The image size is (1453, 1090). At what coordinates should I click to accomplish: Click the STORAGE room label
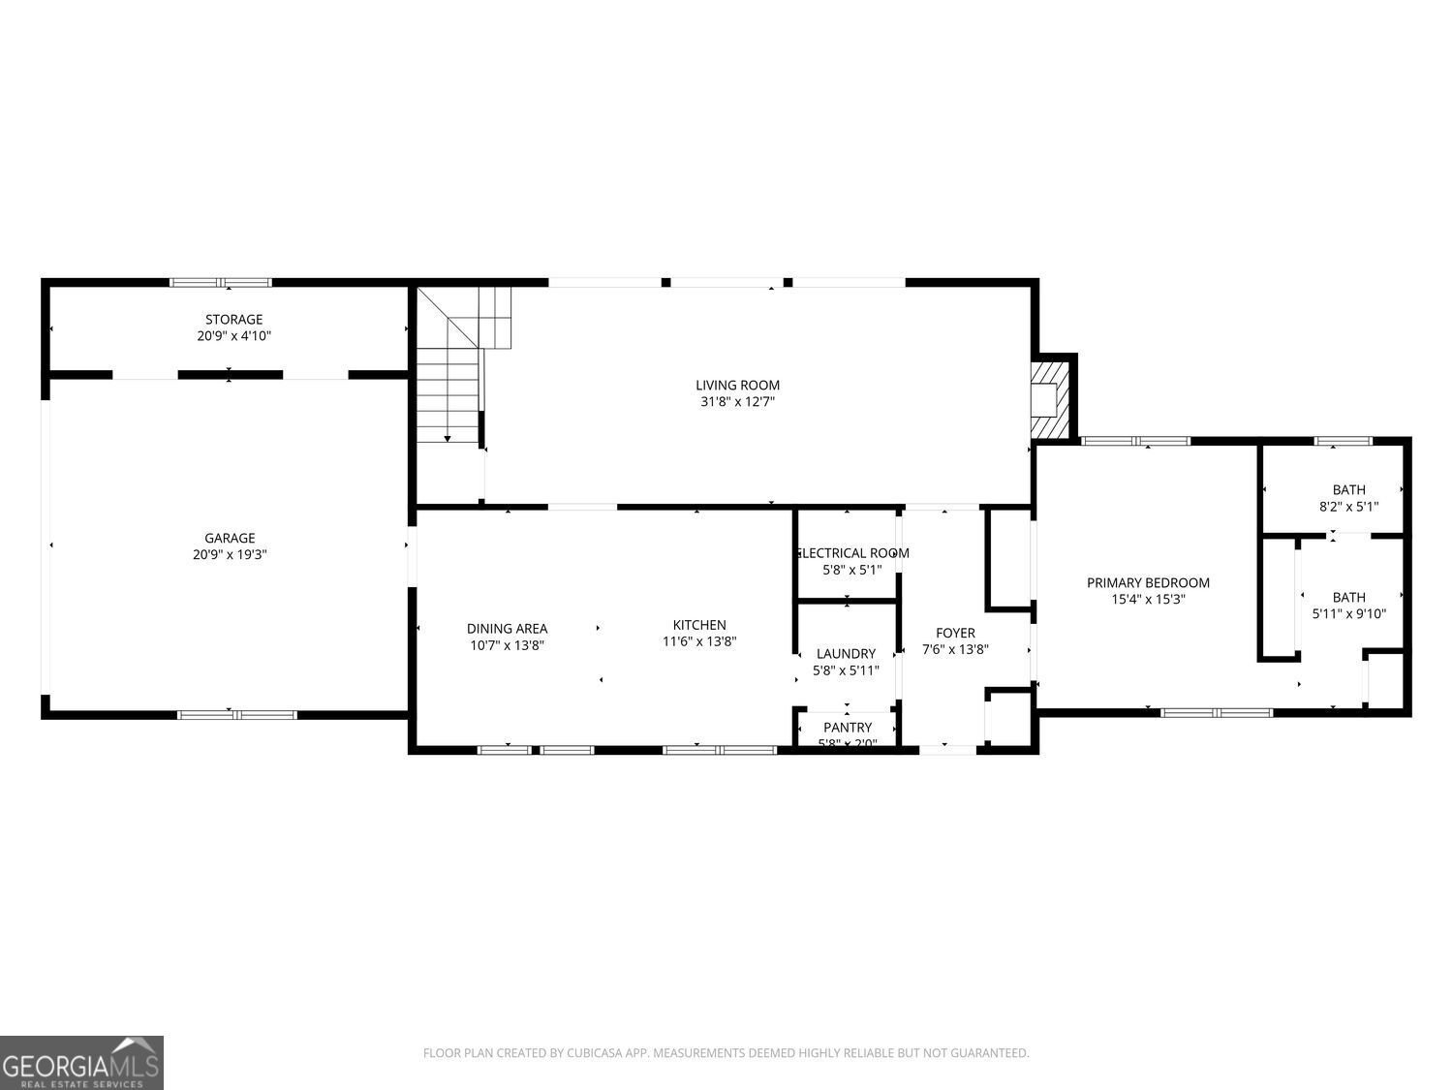click(x=233, y=319)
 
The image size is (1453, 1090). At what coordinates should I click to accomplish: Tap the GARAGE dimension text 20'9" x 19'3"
click(x=230, y=555)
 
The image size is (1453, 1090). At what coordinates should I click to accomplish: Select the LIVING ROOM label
click(x=737, y=385)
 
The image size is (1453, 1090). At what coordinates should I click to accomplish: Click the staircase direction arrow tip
click(x=448, y=440)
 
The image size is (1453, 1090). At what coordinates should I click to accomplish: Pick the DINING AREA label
click(x=507, y=628)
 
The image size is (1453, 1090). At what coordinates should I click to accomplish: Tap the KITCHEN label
click(x=699, y=625)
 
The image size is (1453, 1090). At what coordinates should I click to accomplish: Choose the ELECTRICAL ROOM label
click(x=851, y=553)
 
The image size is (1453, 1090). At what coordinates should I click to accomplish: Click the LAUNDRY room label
click(x=846, y=653)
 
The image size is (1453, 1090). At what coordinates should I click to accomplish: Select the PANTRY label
click(x=848, y=727)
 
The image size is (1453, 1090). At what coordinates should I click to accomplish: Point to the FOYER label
click(x=955, y=633)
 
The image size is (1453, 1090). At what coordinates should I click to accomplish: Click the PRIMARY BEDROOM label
click(x=1148, y=582)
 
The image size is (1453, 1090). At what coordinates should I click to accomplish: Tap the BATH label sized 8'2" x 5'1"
click(x=1348, y=489)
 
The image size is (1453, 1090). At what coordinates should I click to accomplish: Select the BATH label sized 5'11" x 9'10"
click(x=1348, y=597)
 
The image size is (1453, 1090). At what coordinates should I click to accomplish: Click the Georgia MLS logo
click(x=81, y=1063)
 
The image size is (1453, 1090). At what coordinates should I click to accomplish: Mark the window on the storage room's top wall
click(x=221, y=283)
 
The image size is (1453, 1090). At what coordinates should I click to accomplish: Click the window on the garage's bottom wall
click(x=236, y=715)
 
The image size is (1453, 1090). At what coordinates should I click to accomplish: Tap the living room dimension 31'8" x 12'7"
click(x=737, y=401)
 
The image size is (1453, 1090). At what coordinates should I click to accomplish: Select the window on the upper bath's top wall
click(x=1343, y=442)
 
